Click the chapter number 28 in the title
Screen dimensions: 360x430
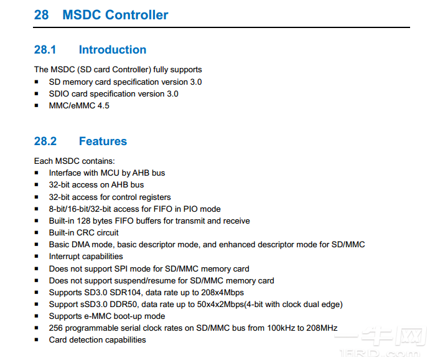coord(42,15)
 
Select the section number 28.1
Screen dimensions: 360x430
coord(45,50)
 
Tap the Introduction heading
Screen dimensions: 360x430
coord(113,50)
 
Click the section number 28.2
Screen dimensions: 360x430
coord(45,141)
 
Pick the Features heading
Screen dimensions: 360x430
coord(103,141)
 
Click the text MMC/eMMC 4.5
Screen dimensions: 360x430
coord(79,106)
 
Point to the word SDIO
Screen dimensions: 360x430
coord(59,94)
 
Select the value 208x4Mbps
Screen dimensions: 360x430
coord(221,293)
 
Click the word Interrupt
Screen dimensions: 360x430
coord(65,257)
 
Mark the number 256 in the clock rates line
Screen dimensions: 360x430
coord(56,328)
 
